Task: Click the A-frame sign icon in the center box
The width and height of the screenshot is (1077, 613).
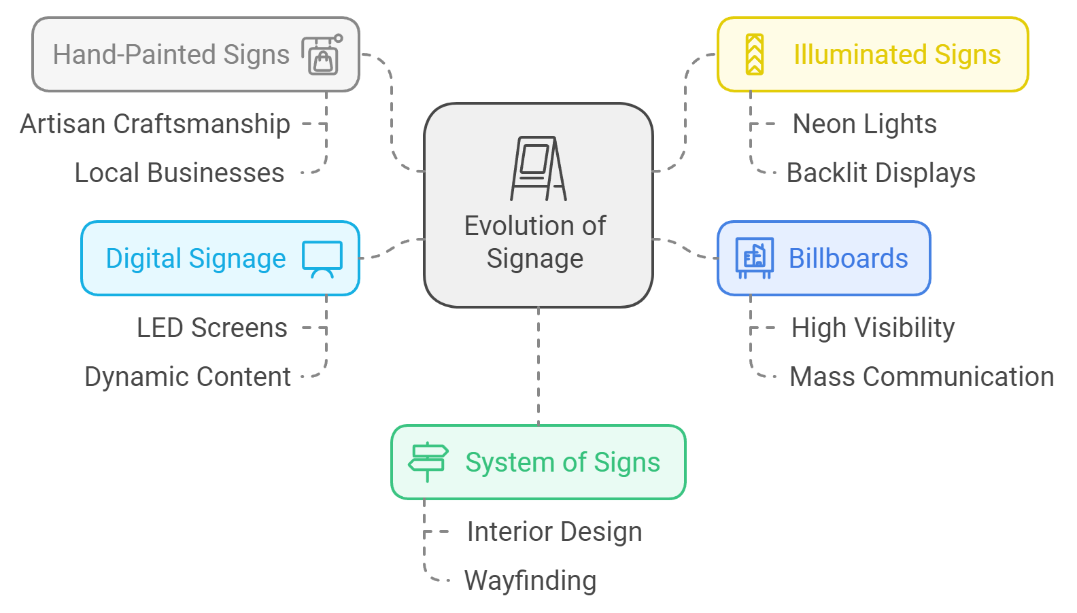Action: pyautogui.click(x=538, y=169)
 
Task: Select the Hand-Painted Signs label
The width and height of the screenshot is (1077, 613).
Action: pyautogui.click(x=171, y=55)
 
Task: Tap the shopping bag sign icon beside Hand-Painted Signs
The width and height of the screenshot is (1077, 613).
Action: pyautogui.click(x=322, y=55)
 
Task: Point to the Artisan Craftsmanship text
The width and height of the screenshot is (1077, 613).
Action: pyautogui.click(x=155, y=124)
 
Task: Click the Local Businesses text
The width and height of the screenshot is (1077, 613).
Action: pyautogui.click(x=179, y=173)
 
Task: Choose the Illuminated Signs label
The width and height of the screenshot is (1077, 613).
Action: pyautogui.click(x=897, y=55)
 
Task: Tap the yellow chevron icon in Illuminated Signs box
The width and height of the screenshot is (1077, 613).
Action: pyautogui.click(x=755, y=54)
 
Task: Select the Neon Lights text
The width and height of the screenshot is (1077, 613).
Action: pyautogui.click(x=864, y=124)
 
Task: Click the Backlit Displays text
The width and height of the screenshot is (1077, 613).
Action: pyautogui.click(x=881, y=173)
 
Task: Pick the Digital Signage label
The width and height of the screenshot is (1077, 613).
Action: pyautogui.click(x=196, y=259)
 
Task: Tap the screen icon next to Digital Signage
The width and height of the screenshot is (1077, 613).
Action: pyautogui.click(x=322, y=259)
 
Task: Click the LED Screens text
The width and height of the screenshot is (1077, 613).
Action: pyautogui.click(x=212, y=328)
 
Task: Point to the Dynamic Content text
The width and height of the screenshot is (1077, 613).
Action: pyautogui.click(x=188, y=377)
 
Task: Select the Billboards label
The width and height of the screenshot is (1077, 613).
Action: pyautogui.click(x=848, y=259)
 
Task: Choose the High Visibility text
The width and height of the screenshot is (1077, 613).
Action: pyautogui.click(x=872, y=328)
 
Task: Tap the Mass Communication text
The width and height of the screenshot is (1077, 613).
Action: pyautogui.click(x=921, y=377)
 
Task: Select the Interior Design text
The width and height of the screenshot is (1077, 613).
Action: pyautogui.click(x=554, y=532)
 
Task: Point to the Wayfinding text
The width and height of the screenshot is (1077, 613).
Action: pyautogui.click(x=530, y=581)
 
